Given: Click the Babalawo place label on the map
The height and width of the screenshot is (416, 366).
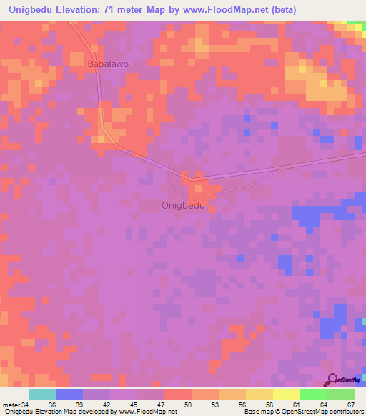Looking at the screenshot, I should [108, 64].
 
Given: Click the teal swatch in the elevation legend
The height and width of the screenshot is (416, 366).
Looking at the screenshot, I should [42, 394].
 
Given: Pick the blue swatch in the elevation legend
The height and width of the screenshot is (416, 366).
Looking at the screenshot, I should [69, 394].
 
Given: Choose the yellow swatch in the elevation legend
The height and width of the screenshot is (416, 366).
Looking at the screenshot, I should [259, 394].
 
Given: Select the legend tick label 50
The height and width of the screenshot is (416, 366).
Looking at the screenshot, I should [188, 404].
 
